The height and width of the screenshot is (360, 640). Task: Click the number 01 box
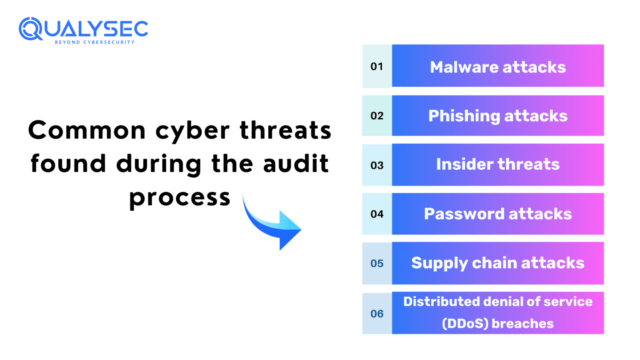[x=377, y=66]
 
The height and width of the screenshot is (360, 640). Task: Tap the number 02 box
[x=377, y=115]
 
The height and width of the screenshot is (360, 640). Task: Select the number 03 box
[x=377, y=165]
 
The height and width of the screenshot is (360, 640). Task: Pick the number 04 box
[x=377, y=214]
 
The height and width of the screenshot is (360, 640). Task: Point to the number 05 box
[x=377, y=263]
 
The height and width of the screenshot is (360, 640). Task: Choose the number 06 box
[x=377, y=313]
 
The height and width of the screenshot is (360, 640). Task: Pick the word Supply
[x=434, y=263]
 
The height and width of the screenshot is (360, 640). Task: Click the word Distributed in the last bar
[x=445, y=302]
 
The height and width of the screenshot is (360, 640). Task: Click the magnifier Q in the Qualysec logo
[x=30, y=29]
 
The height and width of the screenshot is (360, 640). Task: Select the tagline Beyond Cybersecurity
[x=95, y=42]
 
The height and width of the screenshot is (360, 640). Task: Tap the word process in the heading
[x=180, y=197]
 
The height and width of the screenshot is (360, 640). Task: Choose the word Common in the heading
[x=87, y=130]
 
